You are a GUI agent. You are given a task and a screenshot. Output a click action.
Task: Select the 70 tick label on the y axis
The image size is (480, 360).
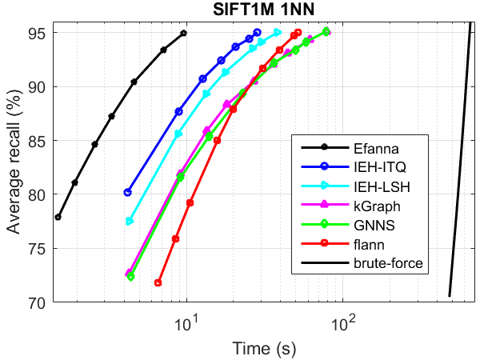(39, 302)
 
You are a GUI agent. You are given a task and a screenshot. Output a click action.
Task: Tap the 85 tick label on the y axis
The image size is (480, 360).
(39, 141)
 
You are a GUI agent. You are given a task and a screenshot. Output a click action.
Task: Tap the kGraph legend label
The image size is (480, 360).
(372, 206)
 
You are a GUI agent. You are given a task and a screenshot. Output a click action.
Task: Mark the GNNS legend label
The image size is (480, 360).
(370, 225)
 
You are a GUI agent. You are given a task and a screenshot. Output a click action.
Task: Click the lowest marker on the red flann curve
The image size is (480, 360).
(158, 282)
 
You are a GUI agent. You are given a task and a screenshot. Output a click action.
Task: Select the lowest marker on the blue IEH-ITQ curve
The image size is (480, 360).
(128, 192)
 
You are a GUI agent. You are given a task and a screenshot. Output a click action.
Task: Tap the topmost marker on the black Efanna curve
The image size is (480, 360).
(183, 33)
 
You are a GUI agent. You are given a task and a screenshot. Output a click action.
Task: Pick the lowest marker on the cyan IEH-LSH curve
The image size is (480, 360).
(130, 221)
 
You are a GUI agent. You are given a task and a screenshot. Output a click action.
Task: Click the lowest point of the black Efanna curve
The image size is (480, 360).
(58, 217)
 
